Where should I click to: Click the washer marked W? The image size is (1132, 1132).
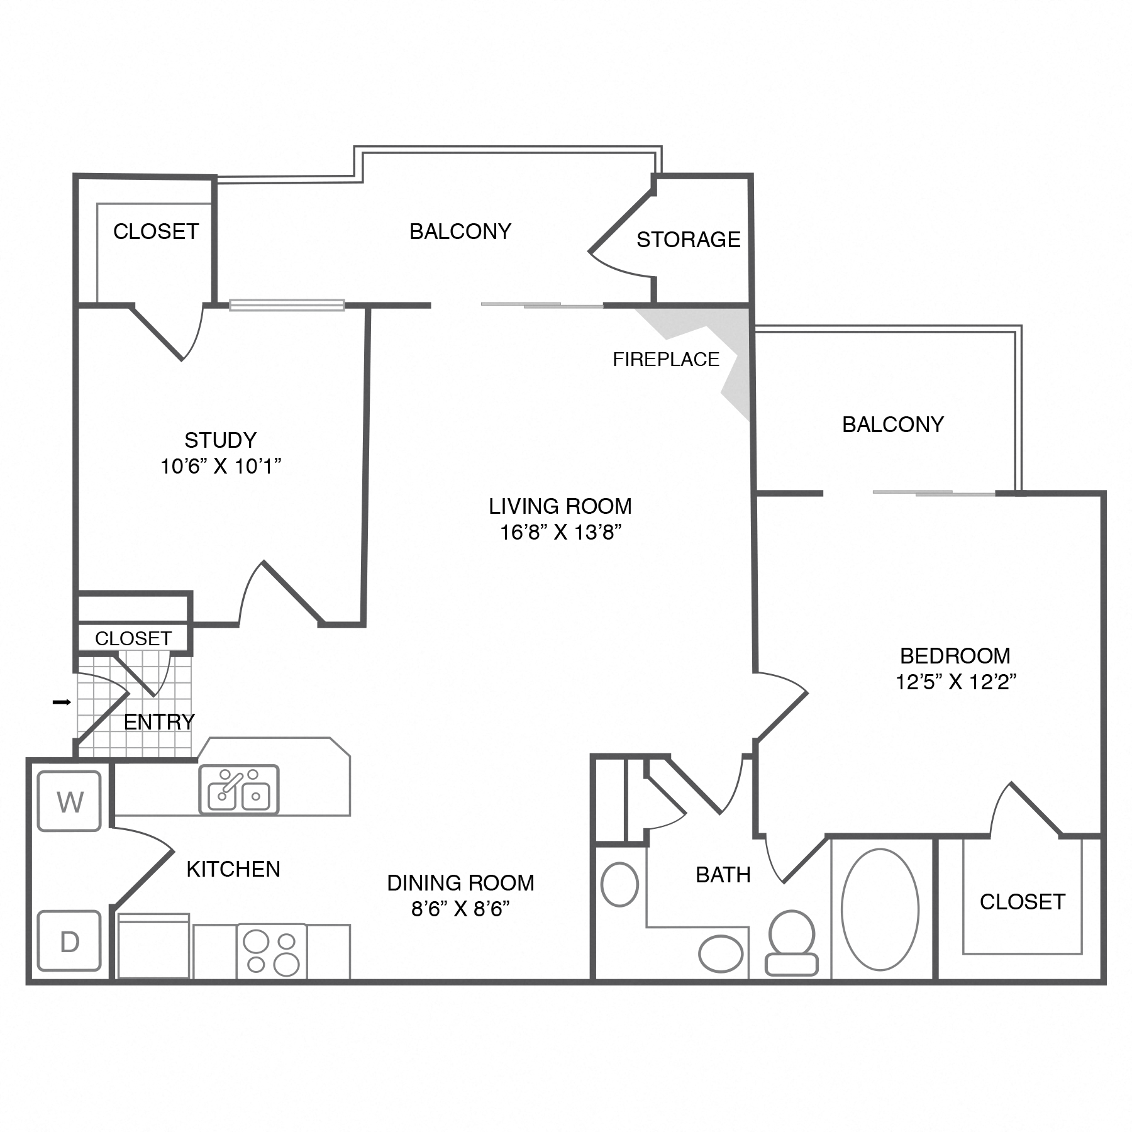[x=69, y=801]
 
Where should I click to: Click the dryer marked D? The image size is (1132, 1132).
[x=69, y=941]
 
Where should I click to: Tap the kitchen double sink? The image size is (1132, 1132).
[x=239, y=790]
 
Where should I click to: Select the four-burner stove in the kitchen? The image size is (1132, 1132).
[x=272, y=952]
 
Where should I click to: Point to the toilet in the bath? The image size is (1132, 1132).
[x=792, y=943]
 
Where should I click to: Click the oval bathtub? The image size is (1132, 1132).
[x=880, y=909]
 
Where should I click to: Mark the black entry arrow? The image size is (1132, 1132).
[x=62, y=702]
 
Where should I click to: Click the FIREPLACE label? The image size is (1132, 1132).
[x=666, y=359]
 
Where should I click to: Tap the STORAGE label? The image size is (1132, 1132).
[x=689, y=240]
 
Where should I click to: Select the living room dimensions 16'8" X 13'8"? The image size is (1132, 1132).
[x=561, y=533]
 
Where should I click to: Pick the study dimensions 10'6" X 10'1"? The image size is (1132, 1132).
[x=221, y=466]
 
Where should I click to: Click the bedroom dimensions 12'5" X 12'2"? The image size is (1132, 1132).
[x=956, y=682]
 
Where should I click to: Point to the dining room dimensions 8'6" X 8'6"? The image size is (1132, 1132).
[x=460, y=909]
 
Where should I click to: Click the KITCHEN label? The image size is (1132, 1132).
[x=233, y=869]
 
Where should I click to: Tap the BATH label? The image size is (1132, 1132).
[x=723, y=875]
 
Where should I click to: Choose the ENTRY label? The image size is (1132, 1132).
[x=159, y=722]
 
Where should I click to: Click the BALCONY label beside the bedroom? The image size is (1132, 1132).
[x=893, y=425]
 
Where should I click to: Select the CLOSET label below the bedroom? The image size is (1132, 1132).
[x=1023, y=902]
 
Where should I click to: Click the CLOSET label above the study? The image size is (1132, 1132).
[x=156, y=231]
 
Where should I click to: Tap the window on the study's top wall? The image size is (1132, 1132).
[x=287, y=305]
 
